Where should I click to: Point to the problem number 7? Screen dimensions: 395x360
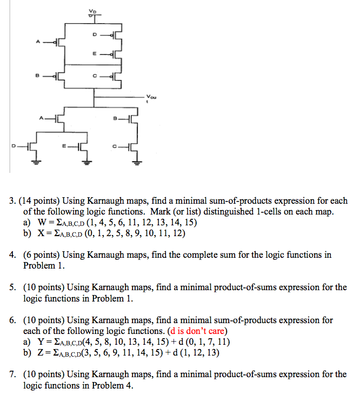pyautogui.click(x=11, y=374)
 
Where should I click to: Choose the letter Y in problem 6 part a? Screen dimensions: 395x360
pyautogui.click(x=42, y=342)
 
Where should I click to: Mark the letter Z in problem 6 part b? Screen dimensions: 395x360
pyautogui.click(x=42, y=352)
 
